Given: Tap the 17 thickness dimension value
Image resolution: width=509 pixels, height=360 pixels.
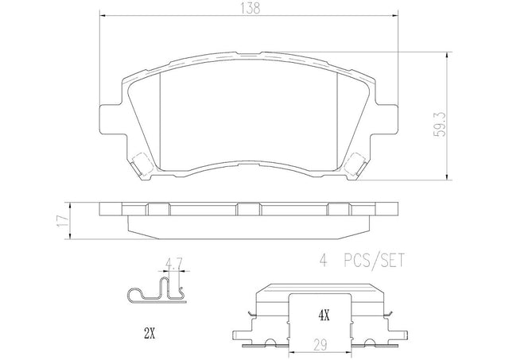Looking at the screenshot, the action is (62, 221).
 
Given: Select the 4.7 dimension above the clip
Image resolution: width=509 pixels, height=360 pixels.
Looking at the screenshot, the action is (174, 263).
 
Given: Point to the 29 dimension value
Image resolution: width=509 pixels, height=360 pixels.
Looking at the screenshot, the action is (320, 345).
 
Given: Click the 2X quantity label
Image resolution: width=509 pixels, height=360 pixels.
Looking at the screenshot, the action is (149, 334).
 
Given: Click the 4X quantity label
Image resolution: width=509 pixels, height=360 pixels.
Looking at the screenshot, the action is (324, 315).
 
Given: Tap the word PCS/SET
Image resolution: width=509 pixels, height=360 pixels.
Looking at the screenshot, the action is (374, 260).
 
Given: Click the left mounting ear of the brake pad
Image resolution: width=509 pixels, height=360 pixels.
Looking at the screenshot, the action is (111, 118).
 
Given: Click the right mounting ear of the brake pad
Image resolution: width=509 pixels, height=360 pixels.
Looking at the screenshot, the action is (387, 118).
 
